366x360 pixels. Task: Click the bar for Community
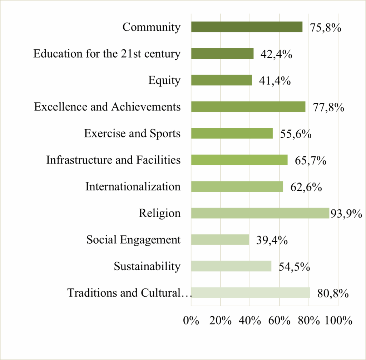pyautogui.click(x=247, y=27)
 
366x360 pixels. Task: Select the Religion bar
pyautogui.click(x=260, y=213)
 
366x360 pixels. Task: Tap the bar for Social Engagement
pyautogui.click(x=220, y=239)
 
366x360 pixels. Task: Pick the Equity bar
pyautogui.click(x=221, y=80)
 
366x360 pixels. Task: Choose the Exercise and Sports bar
pyautogui.click(x=232, y=133)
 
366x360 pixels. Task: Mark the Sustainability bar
pyautogui.click(x=231, y=266)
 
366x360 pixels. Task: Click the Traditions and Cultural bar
pyautogui.click(x=250, y=293)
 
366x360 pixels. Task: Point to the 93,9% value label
pyautogui.click(x=346, y=214)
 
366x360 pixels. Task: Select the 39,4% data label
pyautogui.click(x=272, y=240)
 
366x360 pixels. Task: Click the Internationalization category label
pyautogui.click(x=133, y=186)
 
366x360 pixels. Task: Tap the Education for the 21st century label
pyautogui.click(x=107, y=54)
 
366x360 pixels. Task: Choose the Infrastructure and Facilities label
pyautogui.click(x=113, y=160)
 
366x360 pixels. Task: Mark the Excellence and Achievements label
pyautogui.click(x=107, y=107)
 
